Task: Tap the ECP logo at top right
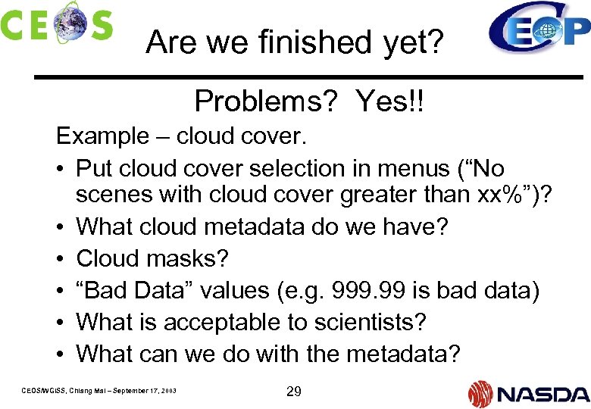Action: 539,28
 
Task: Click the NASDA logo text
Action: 543,393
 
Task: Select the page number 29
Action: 294,391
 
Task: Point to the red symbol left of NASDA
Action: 480,393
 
